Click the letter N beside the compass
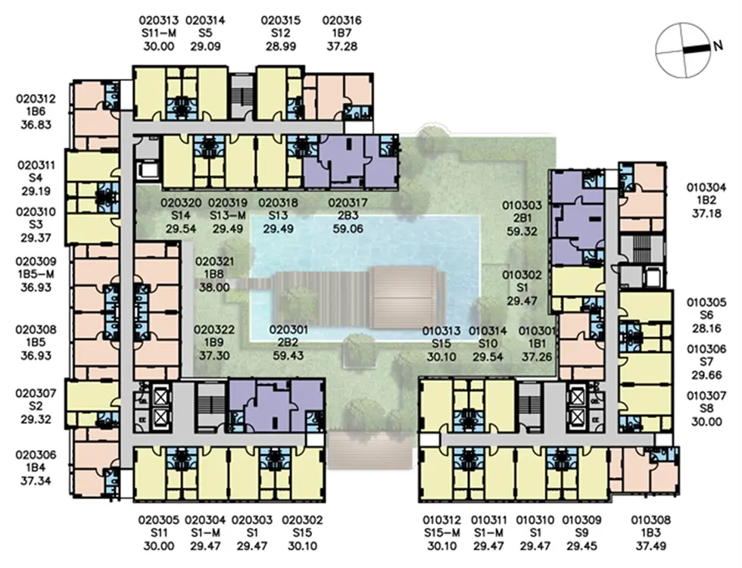(718, 45)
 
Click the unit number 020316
(341, 20)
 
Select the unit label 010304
(706, 188)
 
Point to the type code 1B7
(341, 33)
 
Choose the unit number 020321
(214, 261)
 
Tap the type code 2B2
(288, 342)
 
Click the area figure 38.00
(214, 287)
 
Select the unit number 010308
(650, 520)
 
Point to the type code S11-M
(158, 33)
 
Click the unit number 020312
(36, 99)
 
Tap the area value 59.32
(522, 232)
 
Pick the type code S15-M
(441, 533)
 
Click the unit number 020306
(36, 455)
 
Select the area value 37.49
(650, 546)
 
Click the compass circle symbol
(683, 51)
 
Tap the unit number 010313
(441, 331)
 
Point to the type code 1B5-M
(36, 274)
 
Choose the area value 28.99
(281, 46)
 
